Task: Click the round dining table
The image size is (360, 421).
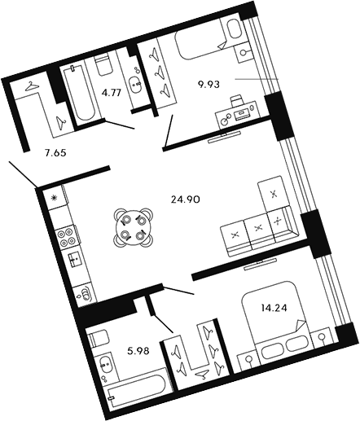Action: (133, 228)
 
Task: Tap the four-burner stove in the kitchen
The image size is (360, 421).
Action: (66, 237)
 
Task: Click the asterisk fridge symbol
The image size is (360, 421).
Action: (55, 198)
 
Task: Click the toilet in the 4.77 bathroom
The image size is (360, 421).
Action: (103, 66)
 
